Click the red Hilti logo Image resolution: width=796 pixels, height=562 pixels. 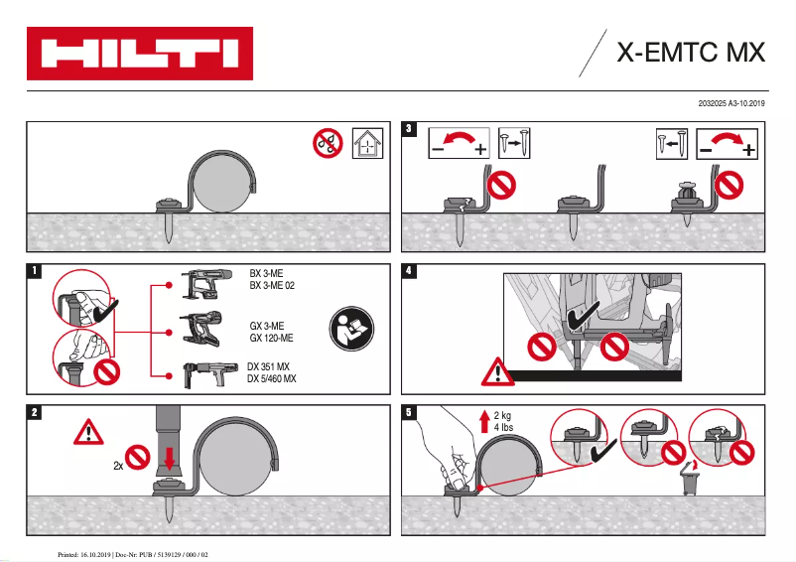pyautogui.click(x=139, y=53)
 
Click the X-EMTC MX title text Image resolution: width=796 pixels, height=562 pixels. pyautogui.click(x=691, y=53)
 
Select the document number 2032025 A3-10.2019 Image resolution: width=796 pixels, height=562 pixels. pyautogui.click(x=732, y=103)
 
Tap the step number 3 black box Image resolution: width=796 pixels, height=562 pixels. pyautogui.click(x=409, y=129)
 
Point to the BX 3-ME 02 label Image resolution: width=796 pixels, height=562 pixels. pyautogui.click(x=273, y=285)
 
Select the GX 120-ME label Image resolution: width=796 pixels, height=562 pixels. pyautogui.click(x=271, y=338)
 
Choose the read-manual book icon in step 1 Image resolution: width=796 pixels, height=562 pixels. pyautogui.click(x=348, y=327)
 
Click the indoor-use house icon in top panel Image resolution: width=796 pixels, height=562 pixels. pyautogui.click(x=368, y=144)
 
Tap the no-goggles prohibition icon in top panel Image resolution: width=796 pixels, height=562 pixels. pyautogui.click(x=327, y=144)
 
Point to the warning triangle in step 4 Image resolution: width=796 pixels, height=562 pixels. pyautogui.click(x=493, y=371)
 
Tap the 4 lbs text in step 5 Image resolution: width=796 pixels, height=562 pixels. pyautogui.click(x=505, y=428)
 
